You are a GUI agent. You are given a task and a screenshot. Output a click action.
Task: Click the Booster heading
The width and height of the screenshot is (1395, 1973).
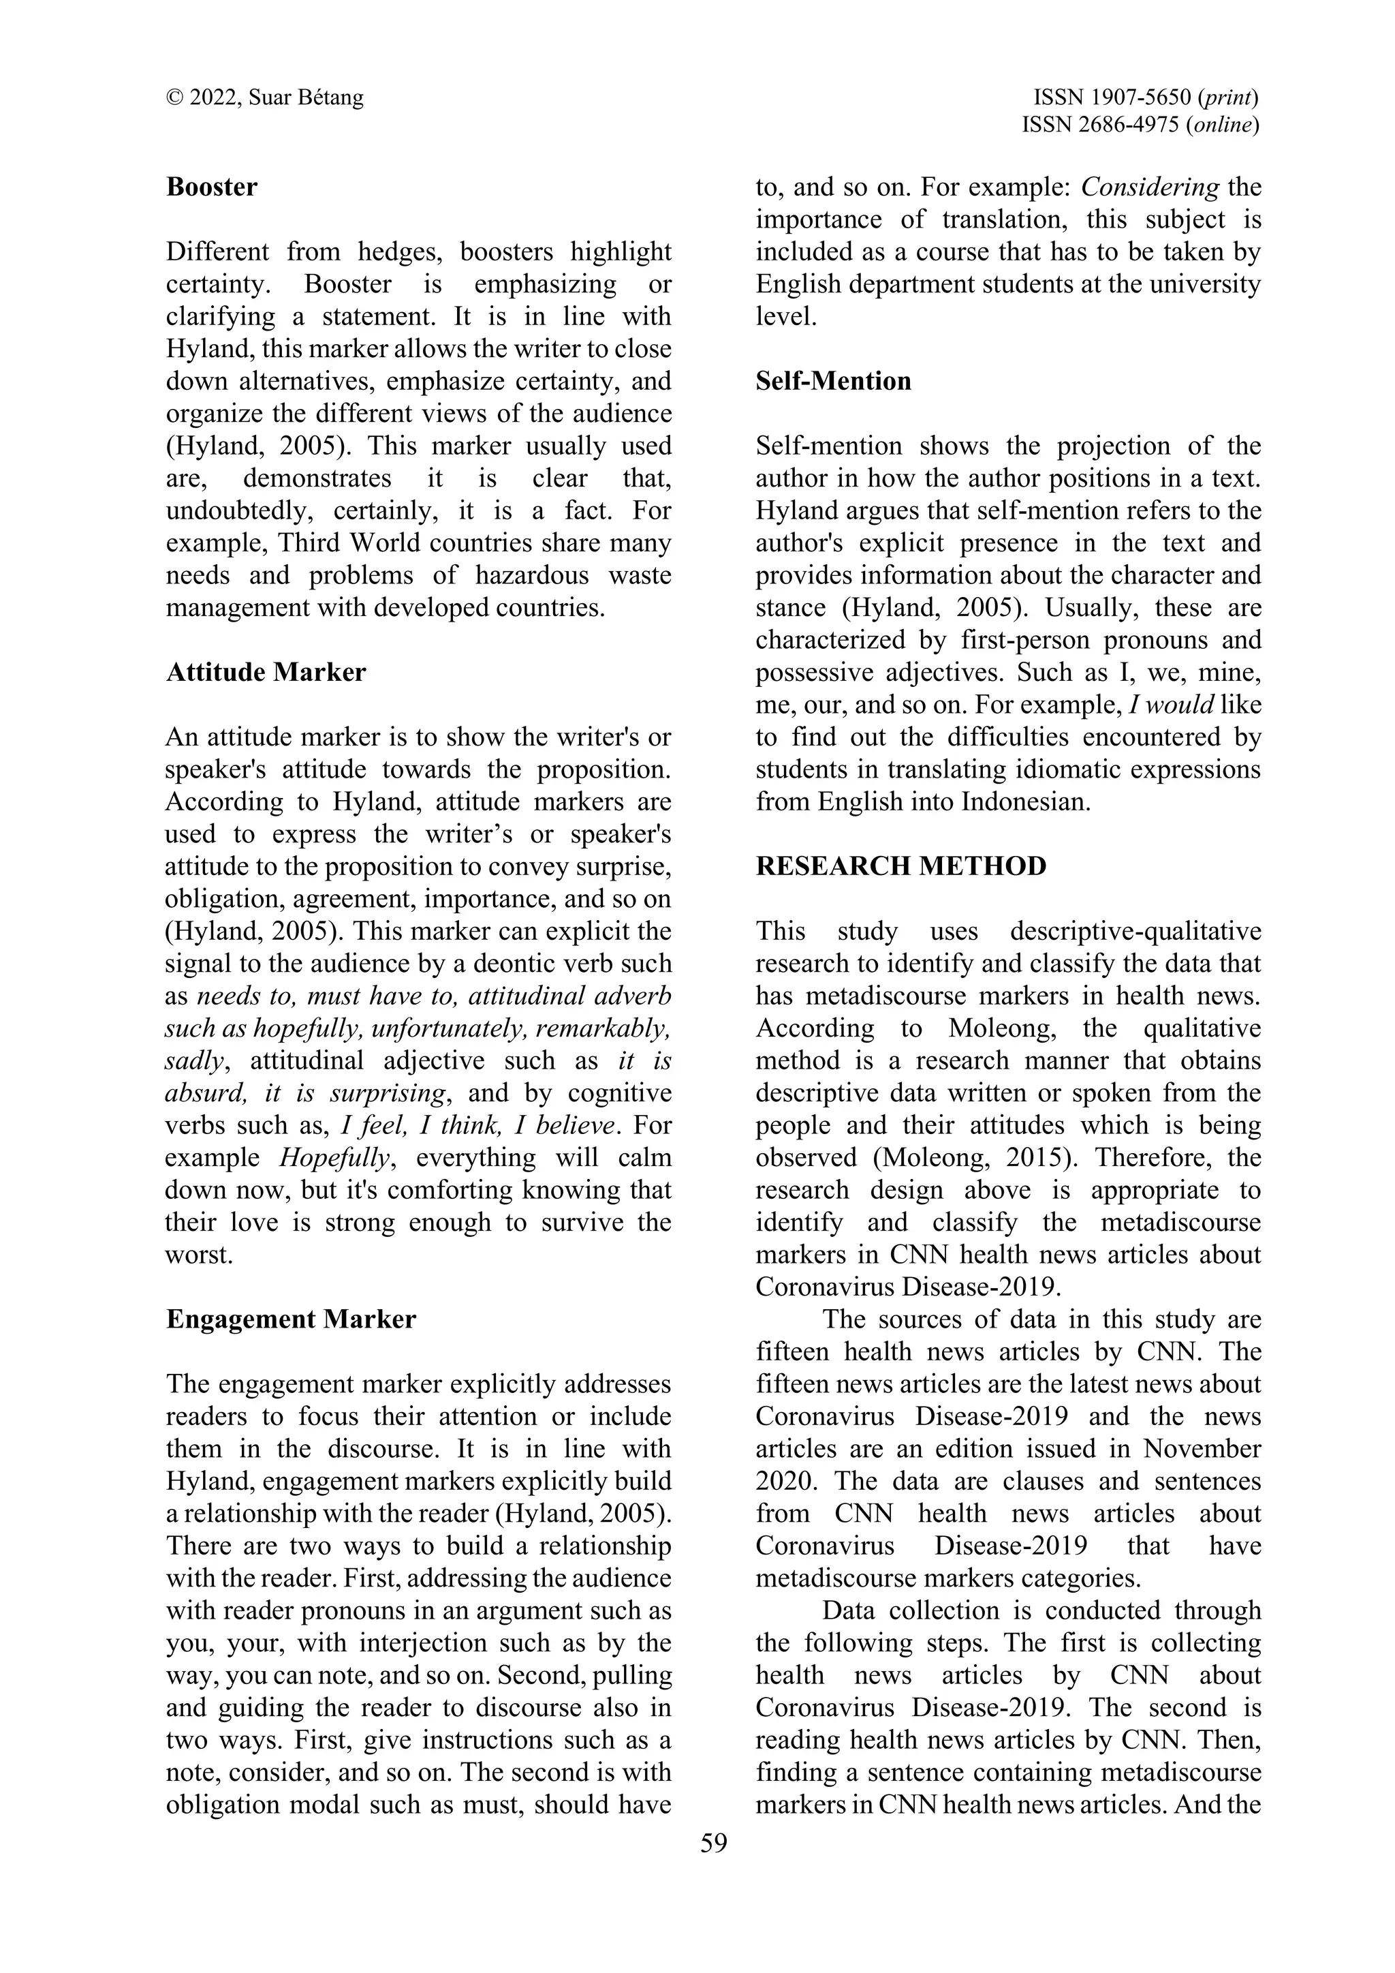click(211, 187)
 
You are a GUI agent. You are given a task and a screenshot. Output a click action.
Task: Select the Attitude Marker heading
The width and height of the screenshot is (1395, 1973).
click(266, 672)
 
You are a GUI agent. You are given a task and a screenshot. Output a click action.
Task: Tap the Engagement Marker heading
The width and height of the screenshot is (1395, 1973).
click(290, 1319)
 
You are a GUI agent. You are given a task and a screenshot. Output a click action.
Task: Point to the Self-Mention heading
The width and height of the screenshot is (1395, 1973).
click(833, 381)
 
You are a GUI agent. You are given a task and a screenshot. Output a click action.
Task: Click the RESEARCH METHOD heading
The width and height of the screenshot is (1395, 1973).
click(901, 866)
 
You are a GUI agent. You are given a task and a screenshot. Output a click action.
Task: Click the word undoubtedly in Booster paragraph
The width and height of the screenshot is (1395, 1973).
click(236, 510)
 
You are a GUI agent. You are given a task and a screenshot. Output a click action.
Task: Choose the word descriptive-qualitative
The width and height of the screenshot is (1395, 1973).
click(1135, 932)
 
